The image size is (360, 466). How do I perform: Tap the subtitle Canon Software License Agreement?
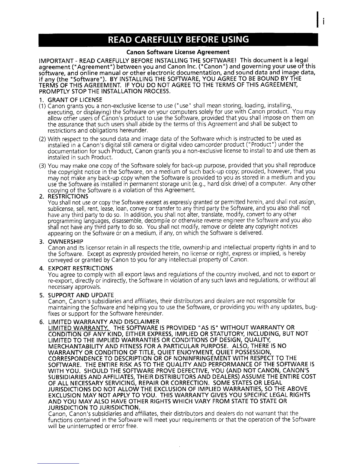coord(178,52)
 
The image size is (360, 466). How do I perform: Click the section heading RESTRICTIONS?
coord(68,196)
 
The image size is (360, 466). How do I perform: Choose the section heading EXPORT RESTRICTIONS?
coord(80,268)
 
